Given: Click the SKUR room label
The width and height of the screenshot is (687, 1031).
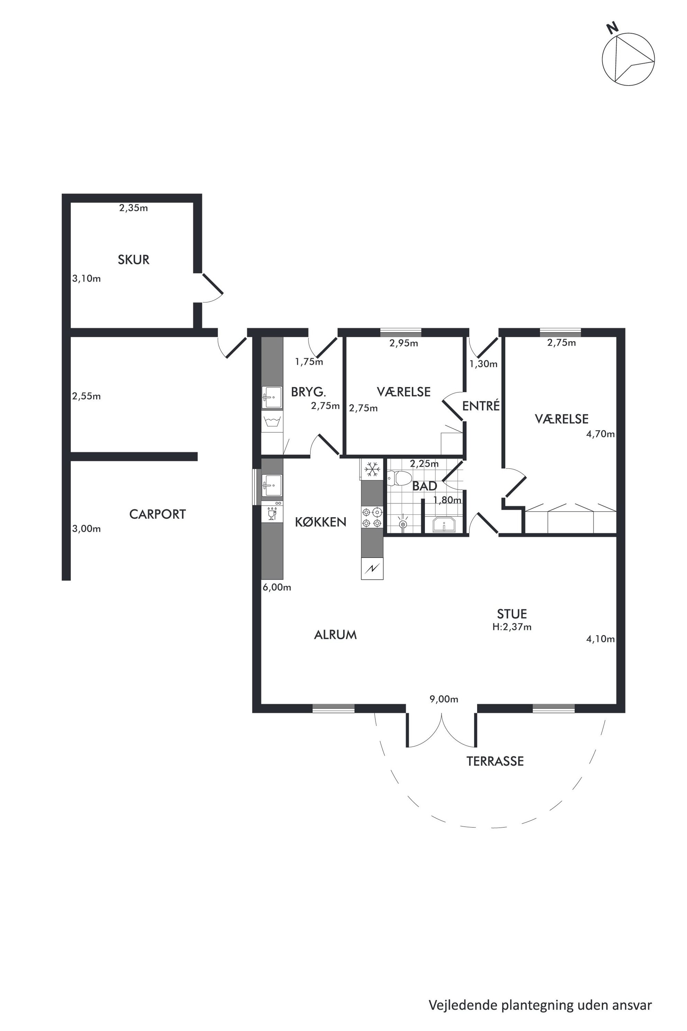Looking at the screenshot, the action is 134,259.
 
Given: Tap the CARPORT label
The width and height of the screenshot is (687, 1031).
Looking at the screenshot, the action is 158,514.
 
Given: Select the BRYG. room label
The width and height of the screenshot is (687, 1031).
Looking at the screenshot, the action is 309,392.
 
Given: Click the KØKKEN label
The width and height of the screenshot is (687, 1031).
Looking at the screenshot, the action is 321,522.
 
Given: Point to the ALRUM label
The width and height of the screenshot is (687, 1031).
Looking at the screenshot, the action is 336,635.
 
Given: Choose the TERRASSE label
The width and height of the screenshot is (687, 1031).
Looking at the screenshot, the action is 495,761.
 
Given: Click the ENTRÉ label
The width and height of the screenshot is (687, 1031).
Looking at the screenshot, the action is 481,406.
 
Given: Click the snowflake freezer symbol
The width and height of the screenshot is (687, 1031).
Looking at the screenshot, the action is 373,469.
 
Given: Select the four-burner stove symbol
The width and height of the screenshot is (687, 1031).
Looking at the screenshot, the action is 372,517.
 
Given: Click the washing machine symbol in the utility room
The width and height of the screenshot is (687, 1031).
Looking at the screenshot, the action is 272,422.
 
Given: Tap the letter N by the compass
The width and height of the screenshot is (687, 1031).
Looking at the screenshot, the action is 612,28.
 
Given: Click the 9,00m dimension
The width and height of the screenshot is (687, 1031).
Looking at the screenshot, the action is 444,699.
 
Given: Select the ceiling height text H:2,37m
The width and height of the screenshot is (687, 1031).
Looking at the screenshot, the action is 512,627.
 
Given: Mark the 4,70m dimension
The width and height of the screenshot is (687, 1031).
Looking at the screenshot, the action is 600,434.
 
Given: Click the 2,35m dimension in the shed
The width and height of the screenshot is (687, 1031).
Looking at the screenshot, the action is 134,208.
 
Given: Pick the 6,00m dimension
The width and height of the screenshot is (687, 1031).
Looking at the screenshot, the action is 277,588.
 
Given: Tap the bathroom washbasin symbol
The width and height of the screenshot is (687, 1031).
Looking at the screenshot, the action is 444,525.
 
